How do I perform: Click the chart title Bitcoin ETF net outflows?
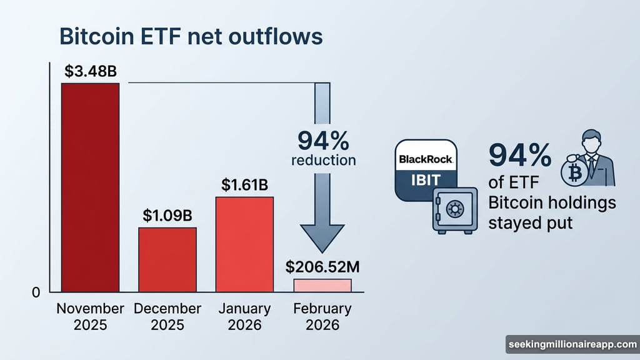[191, 37]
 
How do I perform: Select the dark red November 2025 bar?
[90, 187]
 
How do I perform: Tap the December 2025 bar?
[167, 259]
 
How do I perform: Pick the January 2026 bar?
[244, 244]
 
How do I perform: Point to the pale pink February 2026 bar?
[322, 286]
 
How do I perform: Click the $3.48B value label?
[91, 71]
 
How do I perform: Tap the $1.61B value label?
[244, 185]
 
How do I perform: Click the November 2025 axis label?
[90, 317]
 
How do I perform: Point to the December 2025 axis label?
[167, 317]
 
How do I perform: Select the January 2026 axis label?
[244, 317]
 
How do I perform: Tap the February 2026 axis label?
[322, 317]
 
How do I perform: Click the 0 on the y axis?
[36, 292]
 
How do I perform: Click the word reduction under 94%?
[323, 160]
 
